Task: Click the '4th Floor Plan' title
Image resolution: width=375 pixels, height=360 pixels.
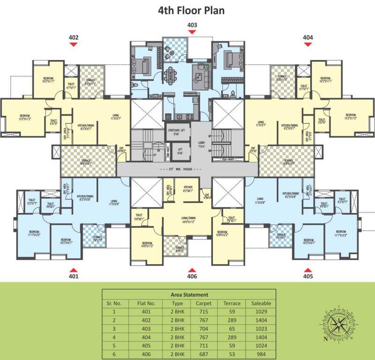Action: pyautogui.click(x=191, y=9)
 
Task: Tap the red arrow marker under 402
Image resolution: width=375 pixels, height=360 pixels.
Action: pyautogui.click(x=74, y=44)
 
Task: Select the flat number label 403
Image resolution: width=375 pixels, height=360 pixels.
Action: pyautogui.click(x=191, y=25)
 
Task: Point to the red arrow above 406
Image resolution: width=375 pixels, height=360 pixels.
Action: pyautogui.click(x=191, y=270)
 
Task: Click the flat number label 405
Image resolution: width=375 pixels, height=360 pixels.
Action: pyautogui.click(x=308, y=277)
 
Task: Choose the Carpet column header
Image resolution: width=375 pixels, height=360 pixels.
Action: pyautogui.click(x=203, y=303)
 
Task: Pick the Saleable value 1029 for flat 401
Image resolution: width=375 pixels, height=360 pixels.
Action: pyautogui.click(x=261, y=312)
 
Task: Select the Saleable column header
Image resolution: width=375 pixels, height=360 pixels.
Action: pyautogui.click(x=261, y=303)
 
